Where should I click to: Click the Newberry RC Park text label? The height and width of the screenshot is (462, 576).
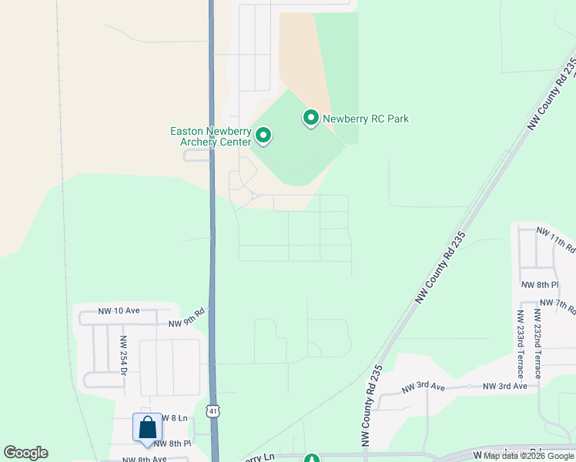pos(366,119)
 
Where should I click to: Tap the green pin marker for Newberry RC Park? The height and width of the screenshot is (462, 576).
pos(311,118)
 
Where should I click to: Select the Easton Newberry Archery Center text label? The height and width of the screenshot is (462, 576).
pos(210,136)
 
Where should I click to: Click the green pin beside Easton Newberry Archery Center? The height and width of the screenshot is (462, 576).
pos(263,137)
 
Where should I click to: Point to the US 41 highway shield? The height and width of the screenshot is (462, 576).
pos(213,411)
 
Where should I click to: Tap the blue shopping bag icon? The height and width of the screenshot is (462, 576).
pos(147,428)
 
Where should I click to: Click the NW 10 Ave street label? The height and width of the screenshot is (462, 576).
pos(119,311)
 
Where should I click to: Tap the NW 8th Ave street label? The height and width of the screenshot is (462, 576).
pos(145,459)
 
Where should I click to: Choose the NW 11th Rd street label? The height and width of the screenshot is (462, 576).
pos(556,239)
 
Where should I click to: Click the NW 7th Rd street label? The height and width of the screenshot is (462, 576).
pos(558,304)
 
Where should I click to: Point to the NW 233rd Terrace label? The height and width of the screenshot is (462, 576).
pos(521,343)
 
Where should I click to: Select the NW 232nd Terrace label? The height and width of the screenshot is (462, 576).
pos(537,343)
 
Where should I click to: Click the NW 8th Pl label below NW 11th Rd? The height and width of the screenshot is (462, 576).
pos(539,284)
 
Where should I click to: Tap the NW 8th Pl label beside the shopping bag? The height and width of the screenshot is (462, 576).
pos(172,444)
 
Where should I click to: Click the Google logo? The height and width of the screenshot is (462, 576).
pos(25,452)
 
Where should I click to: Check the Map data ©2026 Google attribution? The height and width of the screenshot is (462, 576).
pos(529,456)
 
